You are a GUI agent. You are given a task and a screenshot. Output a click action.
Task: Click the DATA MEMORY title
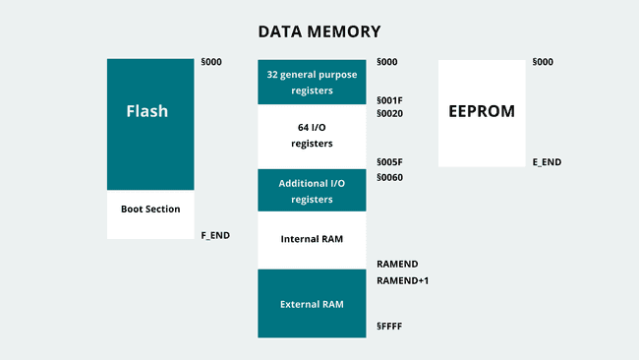click(x=319, y=31)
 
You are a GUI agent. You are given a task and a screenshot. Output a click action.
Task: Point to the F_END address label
click(x=215, y=235)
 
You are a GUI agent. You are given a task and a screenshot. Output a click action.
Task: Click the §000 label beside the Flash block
click(x=211, y=62)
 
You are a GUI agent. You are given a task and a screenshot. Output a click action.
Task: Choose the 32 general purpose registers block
click(x=313, y=82)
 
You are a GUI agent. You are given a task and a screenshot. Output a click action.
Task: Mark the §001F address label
click(x=390, y=100)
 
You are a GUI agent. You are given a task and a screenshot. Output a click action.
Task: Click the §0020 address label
click(x=390, y=114)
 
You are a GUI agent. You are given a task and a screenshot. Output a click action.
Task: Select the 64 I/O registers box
click(x=313, y=137)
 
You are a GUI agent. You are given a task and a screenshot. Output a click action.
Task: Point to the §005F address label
click(x=390, y=161)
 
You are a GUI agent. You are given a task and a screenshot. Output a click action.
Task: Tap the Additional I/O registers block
click(x=313, y=191)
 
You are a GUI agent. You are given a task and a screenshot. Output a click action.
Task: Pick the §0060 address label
click(x=390, y=178)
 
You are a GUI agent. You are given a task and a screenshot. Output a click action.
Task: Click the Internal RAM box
click(x=313, y=239)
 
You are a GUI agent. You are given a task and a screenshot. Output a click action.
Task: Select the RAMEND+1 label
click(x=403, y=281)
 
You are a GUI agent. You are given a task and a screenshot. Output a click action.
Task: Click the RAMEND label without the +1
click(x=398, y=265)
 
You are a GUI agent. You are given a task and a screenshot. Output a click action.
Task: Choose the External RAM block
click(x=313, y=304)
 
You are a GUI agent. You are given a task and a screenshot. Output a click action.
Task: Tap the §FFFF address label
click(x=390, y=326)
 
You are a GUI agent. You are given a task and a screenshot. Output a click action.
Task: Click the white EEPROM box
click(x=482, y=112)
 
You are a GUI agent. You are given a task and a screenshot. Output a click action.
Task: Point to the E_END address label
click(x=547, y=161)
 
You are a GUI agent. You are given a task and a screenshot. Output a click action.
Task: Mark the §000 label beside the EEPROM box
click(x=543, y=62)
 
